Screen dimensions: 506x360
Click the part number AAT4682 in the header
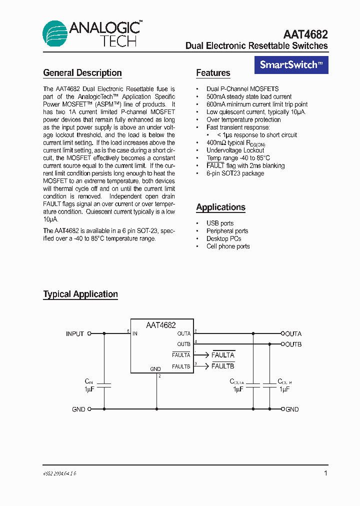click(305, 34)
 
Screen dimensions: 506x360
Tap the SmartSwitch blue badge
click(291, 65)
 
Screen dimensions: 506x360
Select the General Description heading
click(82, 73)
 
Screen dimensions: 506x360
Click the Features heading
click(213, 73)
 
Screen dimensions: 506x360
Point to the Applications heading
click(220, 207)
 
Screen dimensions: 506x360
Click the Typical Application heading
click(80, 294)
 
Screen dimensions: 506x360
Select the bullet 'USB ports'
click(220, 223)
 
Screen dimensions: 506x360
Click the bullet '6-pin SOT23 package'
click(235, 173)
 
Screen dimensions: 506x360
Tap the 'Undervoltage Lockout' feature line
click(235, 150)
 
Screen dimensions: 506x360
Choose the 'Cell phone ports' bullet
click(228, 246)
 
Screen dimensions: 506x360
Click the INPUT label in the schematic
click(75, 334)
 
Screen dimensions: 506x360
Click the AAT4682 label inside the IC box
click(160, 325)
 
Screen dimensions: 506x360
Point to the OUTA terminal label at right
click(293, 334)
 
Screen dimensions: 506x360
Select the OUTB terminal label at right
click(293, 344)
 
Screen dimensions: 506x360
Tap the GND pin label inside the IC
click(155, 369)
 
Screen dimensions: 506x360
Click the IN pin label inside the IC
click(135, 333)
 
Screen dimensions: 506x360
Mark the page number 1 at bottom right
click(326, 473)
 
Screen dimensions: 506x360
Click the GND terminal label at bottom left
click(78, 409)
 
